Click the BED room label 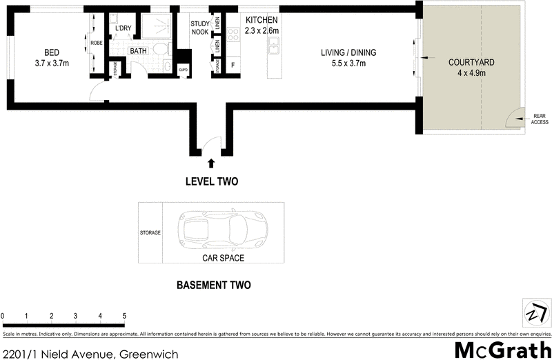point(51,53)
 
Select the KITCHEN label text point(262,21)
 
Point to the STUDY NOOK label point(199,28)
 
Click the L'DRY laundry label point(124,28)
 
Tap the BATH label point(138,51)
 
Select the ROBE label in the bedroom point(97,43)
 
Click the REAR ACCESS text point(539,119)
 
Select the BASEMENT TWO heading point(213,285)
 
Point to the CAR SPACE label point(223,259)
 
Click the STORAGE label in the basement point(150,233)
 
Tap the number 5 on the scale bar point(124,316)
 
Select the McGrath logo point(502,349)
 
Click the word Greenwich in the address point(149,354)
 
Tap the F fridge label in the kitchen point(233,66)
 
